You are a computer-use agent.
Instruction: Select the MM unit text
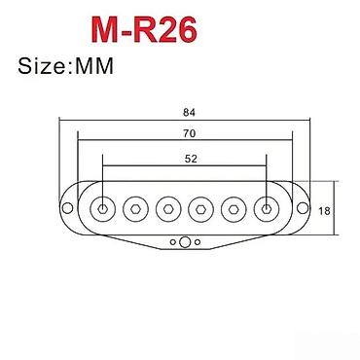pos(92,69)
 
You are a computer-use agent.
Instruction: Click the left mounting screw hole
pos(66,208)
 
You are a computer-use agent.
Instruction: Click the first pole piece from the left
pos(102,208)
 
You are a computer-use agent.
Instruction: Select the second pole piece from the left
pos(135,208)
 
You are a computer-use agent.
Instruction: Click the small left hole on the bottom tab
pos(172,239)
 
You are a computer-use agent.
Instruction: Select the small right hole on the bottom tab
pos(198,239)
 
